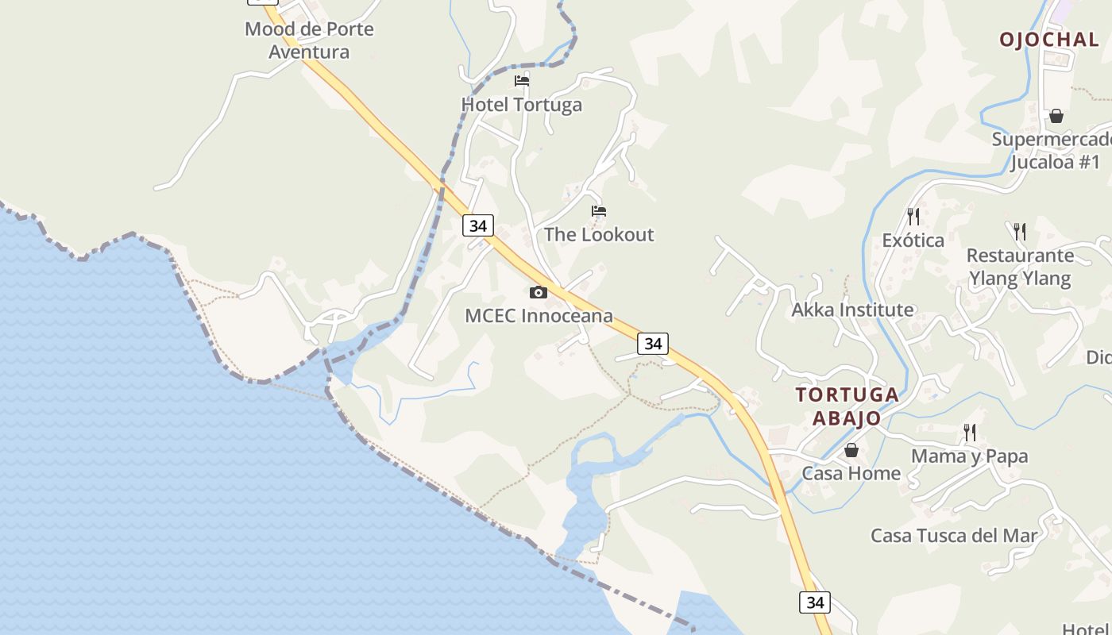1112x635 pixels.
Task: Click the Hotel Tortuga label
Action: [522, 105]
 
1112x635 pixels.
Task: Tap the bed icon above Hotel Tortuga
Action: [522, 80]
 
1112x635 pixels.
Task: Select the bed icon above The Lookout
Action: [599, 211]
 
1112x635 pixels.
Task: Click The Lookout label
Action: [599, 235]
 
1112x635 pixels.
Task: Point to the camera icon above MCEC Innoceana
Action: [539, 292]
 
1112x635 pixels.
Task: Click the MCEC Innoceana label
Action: [539, 316]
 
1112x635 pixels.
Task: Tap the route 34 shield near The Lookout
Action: [477, 225]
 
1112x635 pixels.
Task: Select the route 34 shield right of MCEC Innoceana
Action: [653, 344]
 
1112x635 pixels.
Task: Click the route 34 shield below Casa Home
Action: [815, 602]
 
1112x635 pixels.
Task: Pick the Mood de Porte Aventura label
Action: [309, 40]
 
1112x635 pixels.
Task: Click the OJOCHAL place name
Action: [1049, 40]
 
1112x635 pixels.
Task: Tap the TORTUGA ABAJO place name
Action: [848, 406]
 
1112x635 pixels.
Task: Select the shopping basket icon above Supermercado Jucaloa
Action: [1056, 116]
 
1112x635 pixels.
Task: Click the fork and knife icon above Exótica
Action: [913, 216]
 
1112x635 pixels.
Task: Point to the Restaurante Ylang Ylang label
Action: [1020, 267]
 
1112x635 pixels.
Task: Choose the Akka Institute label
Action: [852, 310]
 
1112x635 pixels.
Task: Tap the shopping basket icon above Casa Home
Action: [851, 450]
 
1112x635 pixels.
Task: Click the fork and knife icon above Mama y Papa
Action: [970, 433]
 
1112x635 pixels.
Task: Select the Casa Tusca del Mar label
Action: [954, 536]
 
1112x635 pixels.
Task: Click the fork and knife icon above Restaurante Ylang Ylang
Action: [1020, 232]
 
